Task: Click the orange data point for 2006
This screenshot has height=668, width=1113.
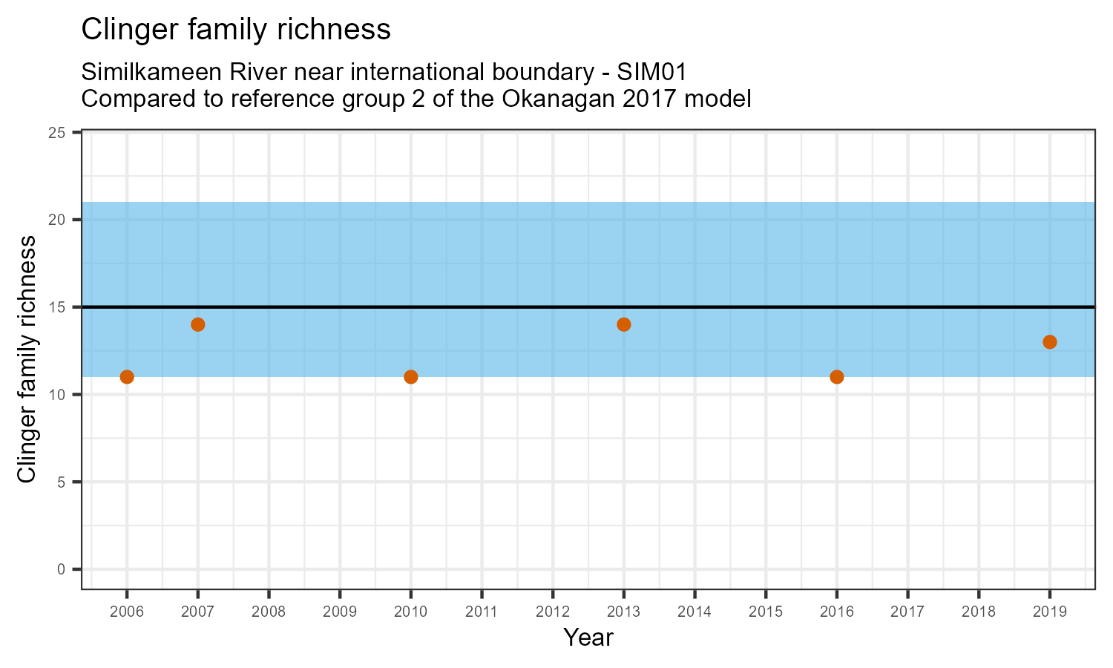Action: (x=127, y=377)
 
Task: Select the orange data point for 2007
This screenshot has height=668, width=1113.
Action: (x=198, y=324)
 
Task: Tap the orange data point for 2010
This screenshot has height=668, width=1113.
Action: (x=411, y=377)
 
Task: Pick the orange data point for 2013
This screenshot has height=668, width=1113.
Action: (x=624, y=324)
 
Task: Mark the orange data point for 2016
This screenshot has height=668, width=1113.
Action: (x=837, y=377)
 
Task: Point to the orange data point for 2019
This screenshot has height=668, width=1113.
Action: (x=1050, y=342)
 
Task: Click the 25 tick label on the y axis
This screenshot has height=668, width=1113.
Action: (x=64, y=133)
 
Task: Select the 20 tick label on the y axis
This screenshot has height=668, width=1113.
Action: (x=64, y=220)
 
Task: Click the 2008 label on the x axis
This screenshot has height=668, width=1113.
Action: (x=269, y=612)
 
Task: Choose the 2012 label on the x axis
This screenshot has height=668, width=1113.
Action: (x=553, y=612)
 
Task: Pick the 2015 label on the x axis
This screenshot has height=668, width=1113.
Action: (x=766, y=612)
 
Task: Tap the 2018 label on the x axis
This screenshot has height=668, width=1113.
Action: (x=979, y=612)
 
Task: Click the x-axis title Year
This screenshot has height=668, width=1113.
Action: (x=588, y=638)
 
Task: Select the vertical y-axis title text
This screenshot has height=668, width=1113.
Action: (x=27, y=359)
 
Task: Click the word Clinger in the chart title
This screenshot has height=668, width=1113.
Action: (x=123, y=30)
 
